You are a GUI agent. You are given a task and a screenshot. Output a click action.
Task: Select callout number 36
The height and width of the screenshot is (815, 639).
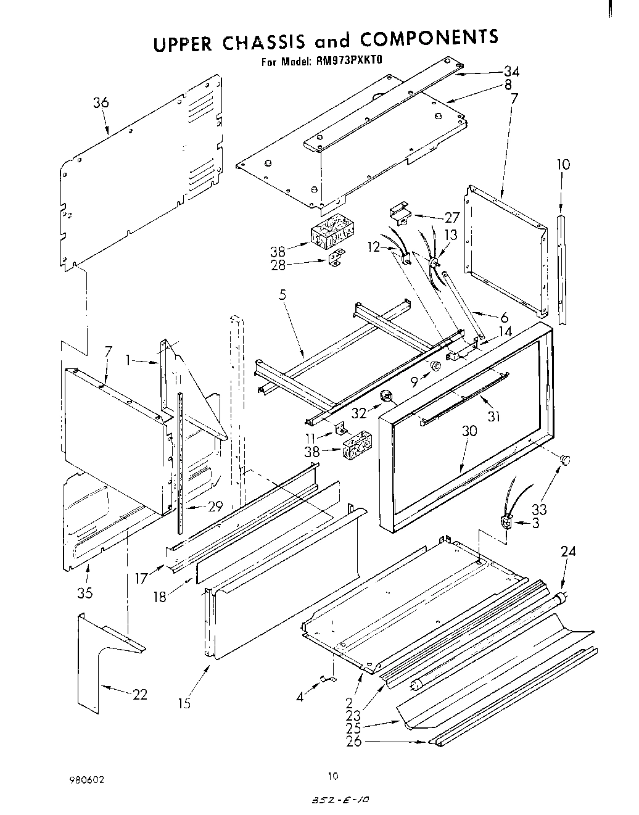101,103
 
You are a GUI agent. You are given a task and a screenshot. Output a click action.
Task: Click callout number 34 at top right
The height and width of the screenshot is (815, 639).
512,71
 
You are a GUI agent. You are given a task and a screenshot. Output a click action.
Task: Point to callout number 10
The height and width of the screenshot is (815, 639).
563,165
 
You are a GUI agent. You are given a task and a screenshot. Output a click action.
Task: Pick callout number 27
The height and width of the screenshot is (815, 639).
452,217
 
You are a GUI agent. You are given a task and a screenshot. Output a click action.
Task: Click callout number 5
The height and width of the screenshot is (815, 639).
282,295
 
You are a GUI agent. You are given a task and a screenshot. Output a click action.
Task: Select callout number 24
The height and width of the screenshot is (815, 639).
568,552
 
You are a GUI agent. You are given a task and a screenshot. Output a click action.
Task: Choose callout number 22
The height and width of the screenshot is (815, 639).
140,694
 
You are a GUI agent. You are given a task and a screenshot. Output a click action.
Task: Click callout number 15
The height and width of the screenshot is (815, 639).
184,703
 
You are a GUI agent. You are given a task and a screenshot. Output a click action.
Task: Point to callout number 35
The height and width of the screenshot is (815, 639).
85,593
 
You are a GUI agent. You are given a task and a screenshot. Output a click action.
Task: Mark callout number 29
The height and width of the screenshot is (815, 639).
215,507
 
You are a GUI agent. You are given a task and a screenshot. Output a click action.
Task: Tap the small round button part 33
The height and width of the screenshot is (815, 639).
565,460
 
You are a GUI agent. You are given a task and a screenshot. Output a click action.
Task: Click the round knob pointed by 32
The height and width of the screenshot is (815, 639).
387,395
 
